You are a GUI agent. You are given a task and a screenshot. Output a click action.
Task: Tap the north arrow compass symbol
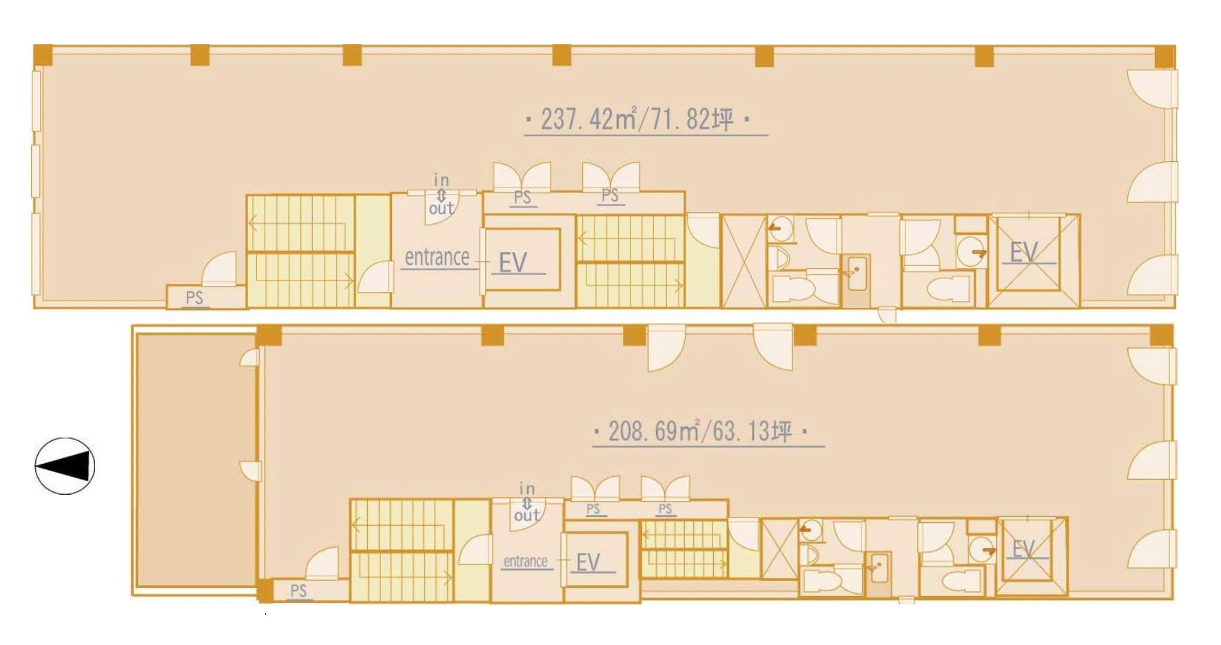pyautogui.click(x=65, y=466)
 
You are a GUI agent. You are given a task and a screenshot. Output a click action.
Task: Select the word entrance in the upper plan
pyautogui.click(x=437, y=258)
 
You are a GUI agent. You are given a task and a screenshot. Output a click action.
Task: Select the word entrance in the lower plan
pyautogui.click(x=525, y=562)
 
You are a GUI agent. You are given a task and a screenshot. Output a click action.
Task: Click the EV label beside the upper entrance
pyautogui.click(x=513, y=263)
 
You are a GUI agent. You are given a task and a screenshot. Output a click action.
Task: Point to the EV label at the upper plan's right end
pyautogui.click(x=1025, y=252)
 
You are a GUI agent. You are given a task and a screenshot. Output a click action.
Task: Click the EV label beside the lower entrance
pyautogui.click(x=588, y=563)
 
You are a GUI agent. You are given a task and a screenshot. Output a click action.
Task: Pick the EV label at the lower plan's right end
pyautogui.click(x=1024, y=549)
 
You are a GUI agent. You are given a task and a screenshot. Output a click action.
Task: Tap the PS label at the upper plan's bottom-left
pyautogui.click(x=195, y=298)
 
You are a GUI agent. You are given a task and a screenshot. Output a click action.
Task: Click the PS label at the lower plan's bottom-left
pyautogui.click(x=298, y=591)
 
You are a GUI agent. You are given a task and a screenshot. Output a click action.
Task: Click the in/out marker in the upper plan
pyautogui.click(x=441, y=194)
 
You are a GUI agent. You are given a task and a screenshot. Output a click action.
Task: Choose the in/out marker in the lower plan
pyautogui.click(x=527, y=502)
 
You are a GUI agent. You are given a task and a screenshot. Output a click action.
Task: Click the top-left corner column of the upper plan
pyautogui.click(x=43, y=54)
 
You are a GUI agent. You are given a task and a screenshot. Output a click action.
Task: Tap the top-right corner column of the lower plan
pyautogui.click(x=1162, y=336)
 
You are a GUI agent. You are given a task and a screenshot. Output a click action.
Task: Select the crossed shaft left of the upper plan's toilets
pyautogui.click(x=743, y=262)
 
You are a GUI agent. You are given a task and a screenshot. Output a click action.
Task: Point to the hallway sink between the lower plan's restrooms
pyautogui.click(x=878, y=568)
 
